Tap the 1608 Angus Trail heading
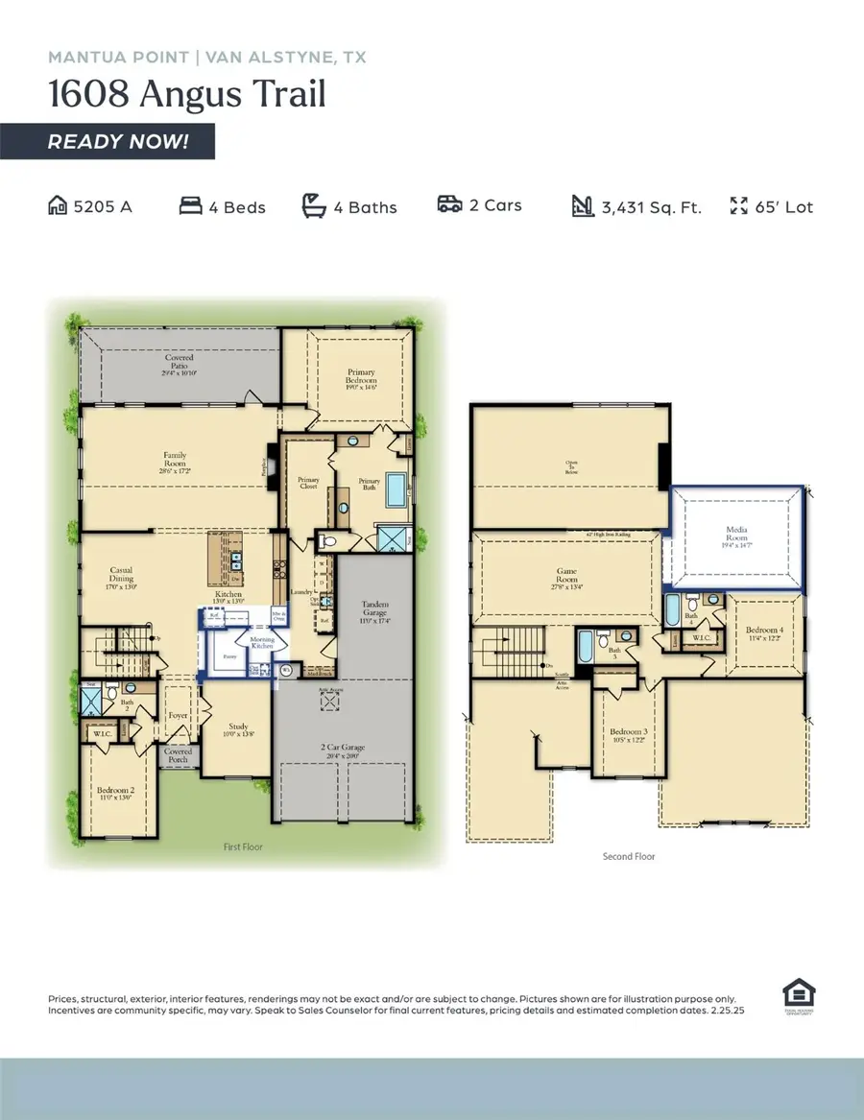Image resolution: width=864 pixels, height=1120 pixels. (x=187, y=94)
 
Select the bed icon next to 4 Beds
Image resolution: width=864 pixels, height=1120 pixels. (x=190, y=206)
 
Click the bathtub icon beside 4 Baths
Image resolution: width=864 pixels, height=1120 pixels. (x=315, y=205)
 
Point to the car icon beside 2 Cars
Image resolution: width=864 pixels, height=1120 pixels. (x=449, y=205)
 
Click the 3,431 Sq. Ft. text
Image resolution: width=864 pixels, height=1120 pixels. (x=651, y=207)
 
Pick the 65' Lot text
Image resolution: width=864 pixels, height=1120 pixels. (x=784, y=207)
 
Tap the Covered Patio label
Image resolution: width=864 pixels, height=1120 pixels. (x=180, y=364)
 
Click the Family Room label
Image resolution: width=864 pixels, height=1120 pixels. (x=175, y=462)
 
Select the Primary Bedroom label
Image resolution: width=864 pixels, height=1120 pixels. (x=361, y=377)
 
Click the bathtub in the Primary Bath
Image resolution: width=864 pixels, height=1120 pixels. (x=396, y=490)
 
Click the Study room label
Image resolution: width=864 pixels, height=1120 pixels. (x=238, y=730)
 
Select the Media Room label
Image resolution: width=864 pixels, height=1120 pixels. (x=736, y=535)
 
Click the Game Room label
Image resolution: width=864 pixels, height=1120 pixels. (x=567, y=577)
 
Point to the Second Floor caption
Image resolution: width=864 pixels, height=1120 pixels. (x=629, y=856)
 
